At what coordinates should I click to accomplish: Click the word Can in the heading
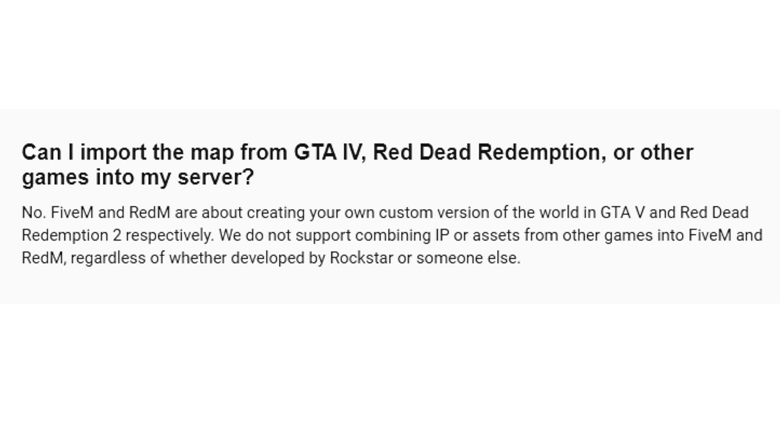point(41,152)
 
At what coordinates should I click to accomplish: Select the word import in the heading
point(113,154)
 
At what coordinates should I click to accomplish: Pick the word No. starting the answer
point(34,213)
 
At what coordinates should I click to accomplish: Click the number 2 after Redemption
point(117,236)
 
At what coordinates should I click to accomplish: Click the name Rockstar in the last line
point(362,258)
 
